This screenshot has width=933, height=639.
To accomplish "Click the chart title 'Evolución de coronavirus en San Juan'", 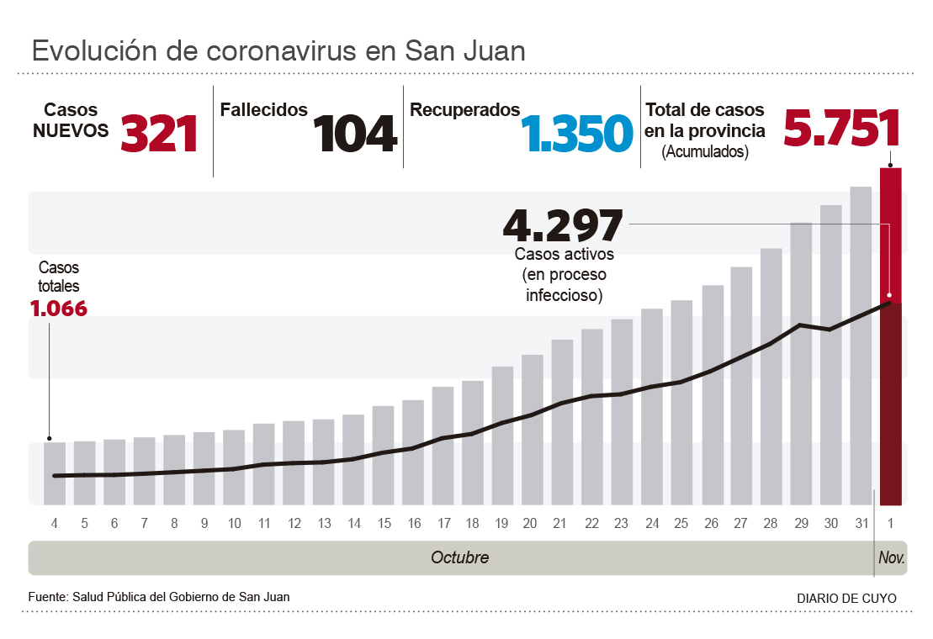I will (278, 50).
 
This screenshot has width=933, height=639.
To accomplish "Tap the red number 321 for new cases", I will (160, 133).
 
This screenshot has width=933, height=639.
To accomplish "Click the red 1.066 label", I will (59, 309).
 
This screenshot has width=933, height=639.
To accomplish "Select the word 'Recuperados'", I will (464, 110).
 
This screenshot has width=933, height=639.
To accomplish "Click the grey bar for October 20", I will (532, 429).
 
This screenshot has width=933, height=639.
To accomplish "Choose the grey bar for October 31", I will (861, 345).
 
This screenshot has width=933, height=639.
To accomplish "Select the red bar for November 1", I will (891, 235).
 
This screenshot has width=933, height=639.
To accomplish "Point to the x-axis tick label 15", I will (384, 524).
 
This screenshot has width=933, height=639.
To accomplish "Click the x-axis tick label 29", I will (801, 524).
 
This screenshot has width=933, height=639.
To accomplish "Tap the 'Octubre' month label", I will (459, 557).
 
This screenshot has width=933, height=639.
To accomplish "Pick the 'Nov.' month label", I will (891, 557).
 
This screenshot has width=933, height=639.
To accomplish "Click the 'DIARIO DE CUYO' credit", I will (846, 599).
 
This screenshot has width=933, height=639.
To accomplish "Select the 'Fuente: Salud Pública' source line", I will (159, 597).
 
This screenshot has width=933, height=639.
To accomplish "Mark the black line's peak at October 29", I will (801, 325).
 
